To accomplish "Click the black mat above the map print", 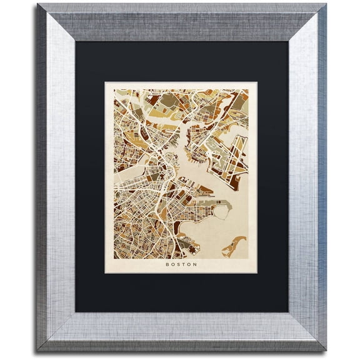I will click(x=181, y=62).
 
